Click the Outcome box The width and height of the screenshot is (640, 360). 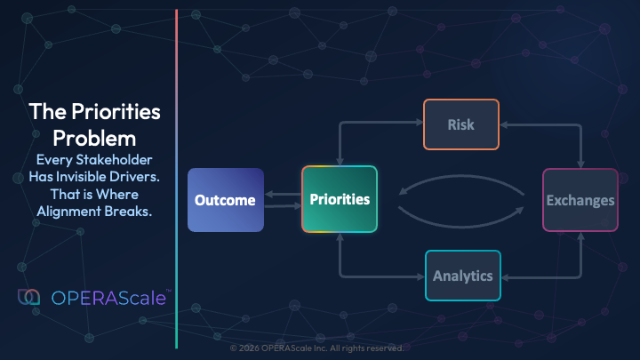point(226,200)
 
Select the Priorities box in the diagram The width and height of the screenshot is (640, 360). point(340,199)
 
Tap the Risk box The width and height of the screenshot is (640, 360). point(460,124)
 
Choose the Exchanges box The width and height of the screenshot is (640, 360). point(580,200)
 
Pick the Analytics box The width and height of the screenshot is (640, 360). point(463,276)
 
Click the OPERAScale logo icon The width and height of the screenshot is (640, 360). point(28,298)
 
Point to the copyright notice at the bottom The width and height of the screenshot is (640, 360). point(316,348)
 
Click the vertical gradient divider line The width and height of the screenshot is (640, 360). point(177,178)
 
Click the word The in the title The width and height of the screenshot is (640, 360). point(44,112)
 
